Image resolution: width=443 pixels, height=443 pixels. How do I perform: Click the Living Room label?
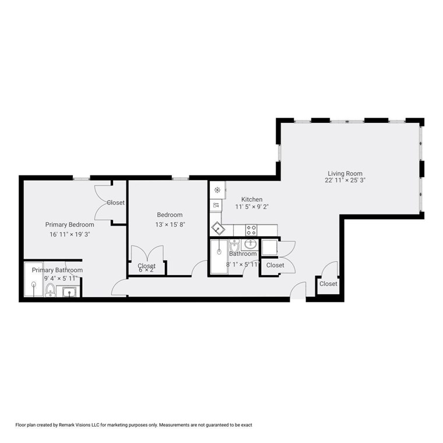[344, 173]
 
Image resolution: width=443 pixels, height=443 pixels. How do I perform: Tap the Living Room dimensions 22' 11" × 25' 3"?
[345, 181]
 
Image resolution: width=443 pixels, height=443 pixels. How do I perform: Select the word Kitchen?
[252, 199]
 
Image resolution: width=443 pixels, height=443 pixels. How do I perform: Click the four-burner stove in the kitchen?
[252, 229]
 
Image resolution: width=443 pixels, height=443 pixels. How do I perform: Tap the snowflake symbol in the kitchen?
[217, 190]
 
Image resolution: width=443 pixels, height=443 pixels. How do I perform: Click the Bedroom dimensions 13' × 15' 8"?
[170, 224]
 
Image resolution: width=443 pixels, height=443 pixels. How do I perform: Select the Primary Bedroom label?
[69, 224]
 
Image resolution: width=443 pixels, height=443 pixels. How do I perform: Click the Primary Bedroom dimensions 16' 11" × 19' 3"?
[69, 234]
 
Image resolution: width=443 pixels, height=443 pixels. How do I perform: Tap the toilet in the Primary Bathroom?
[51, 290]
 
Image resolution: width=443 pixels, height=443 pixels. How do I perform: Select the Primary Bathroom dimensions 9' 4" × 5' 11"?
[57, 278]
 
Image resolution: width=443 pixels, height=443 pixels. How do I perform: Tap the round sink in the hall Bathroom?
[251, 244]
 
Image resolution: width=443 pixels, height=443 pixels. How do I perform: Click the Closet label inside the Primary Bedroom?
[115, 203]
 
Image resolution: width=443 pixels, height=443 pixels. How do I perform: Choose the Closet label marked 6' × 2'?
[146, 266]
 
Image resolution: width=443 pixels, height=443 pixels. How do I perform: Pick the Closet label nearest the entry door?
[328, 284]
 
